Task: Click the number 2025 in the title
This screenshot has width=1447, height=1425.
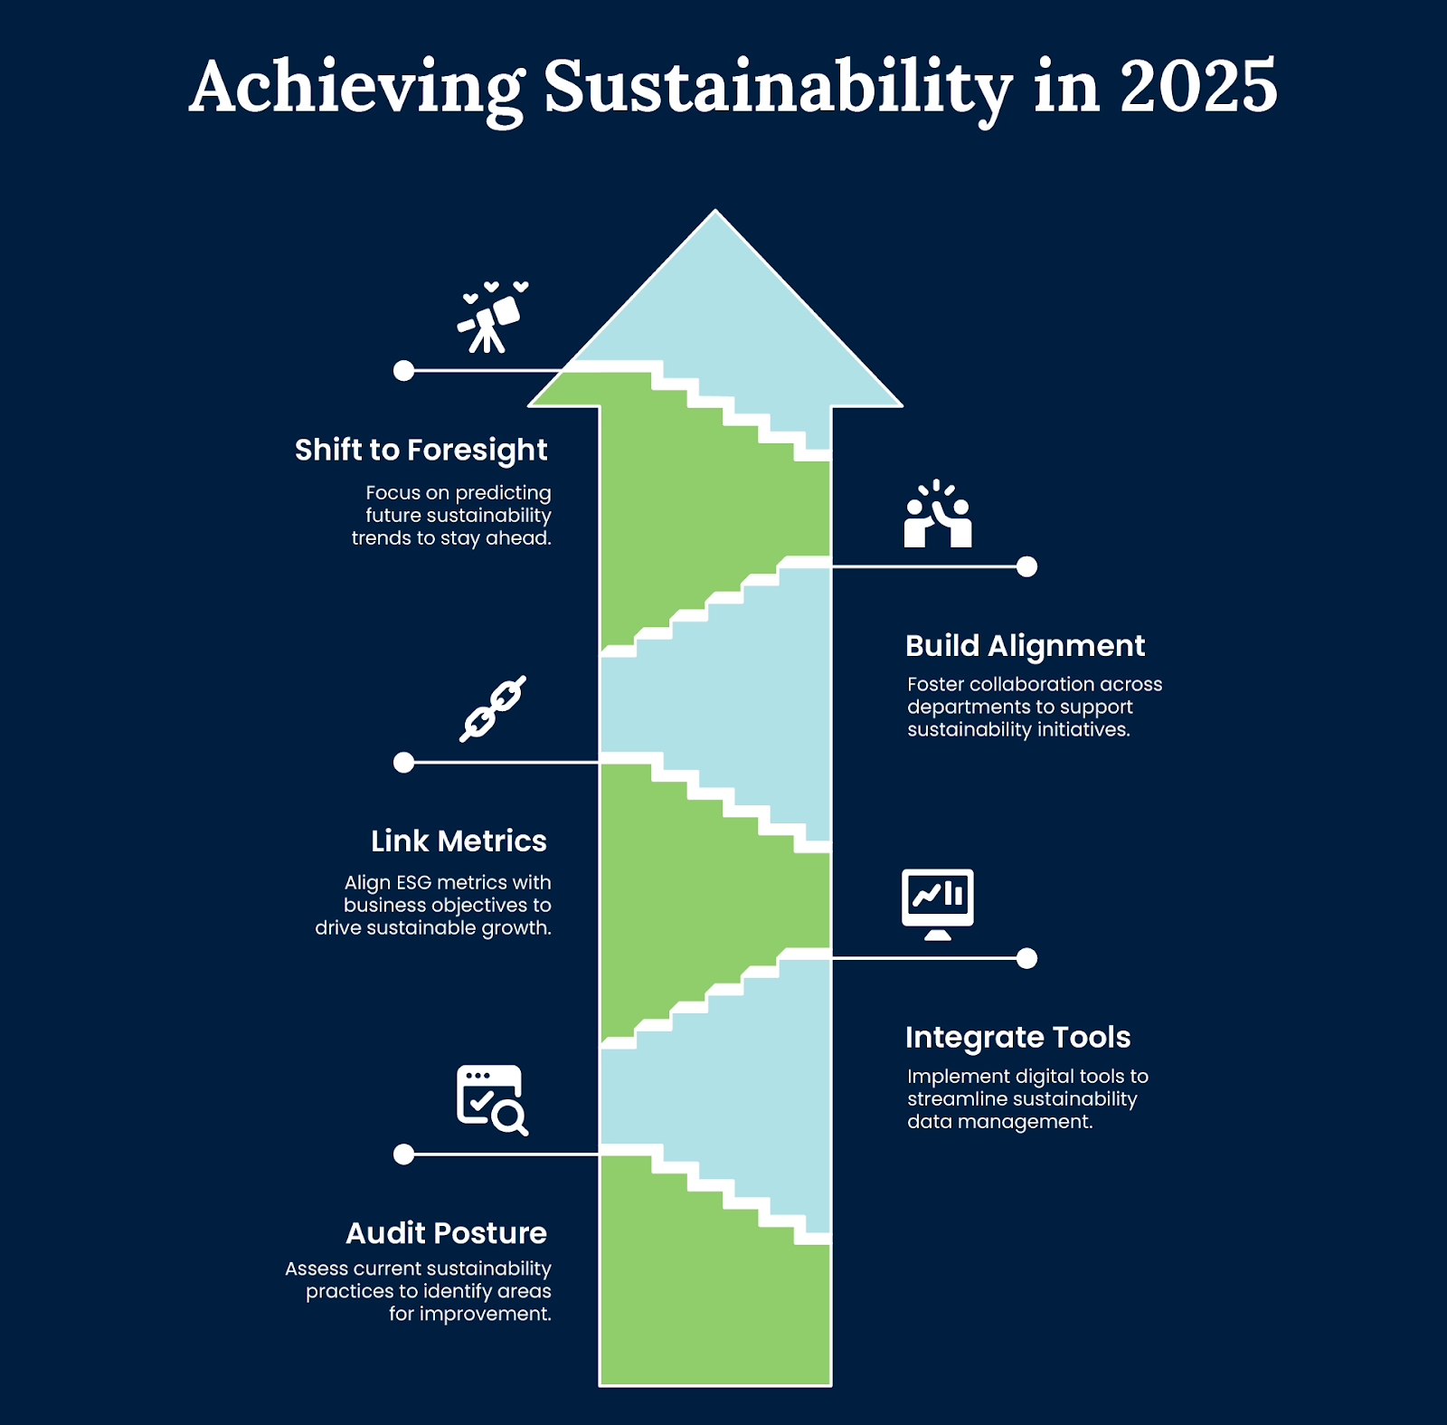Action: (1198, 87)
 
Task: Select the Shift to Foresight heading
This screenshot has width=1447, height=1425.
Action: (421, 450)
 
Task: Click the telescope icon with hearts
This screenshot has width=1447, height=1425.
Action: (492, 317)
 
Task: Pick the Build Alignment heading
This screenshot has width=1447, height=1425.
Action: (1025, 645)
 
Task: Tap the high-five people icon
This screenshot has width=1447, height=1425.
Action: (938, 513)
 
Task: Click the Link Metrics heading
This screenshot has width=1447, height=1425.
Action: (459, 841)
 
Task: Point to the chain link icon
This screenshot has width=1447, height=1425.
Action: (492, 708)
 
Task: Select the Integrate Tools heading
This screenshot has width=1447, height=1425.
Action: (1017, 1037)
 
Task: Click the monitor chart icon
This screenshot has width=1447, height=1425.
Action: (938, 904)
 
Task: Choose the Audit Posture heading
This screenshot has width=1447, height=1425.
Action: (446, 1232)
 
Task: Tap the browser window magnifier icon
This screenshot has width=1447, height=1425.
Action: (492, 1100)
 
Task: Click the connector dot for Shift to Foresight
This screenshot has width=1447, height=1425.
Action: (404, 370)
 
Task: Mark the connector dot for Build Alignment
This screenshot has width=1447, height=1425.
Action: (1026, 566)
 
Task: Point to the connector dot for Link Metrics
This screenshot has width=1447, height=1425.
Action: (404, 762)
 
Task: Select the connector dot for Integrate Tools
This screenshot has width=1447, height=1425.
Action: (1026, 958)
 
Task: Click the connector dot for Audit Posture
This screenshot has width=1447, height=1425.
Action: (404, 1154)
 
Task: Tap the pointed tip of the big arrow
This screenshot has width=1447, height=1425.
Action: (715, 211)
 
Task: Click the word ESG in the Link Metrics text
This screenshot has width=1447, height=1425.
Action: (414, 882)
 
